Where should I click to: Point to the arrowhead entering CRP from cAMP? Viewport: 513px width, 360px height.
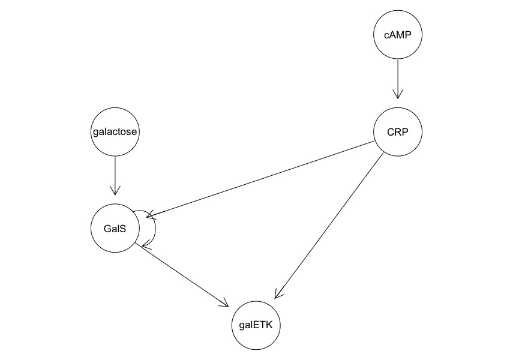click(398, 95)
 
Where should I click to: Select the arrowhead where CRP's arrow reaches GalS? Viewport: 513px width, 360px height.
click(149, 214)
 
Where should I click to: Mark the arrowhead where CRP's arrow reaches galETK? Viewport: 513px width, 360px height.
click(277, 294)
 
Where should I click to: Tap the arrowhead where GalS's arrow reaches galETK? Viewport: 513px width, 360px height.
click(226, 304)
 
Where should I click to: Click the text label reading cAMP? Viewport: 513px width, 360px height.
click(398, 35)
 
